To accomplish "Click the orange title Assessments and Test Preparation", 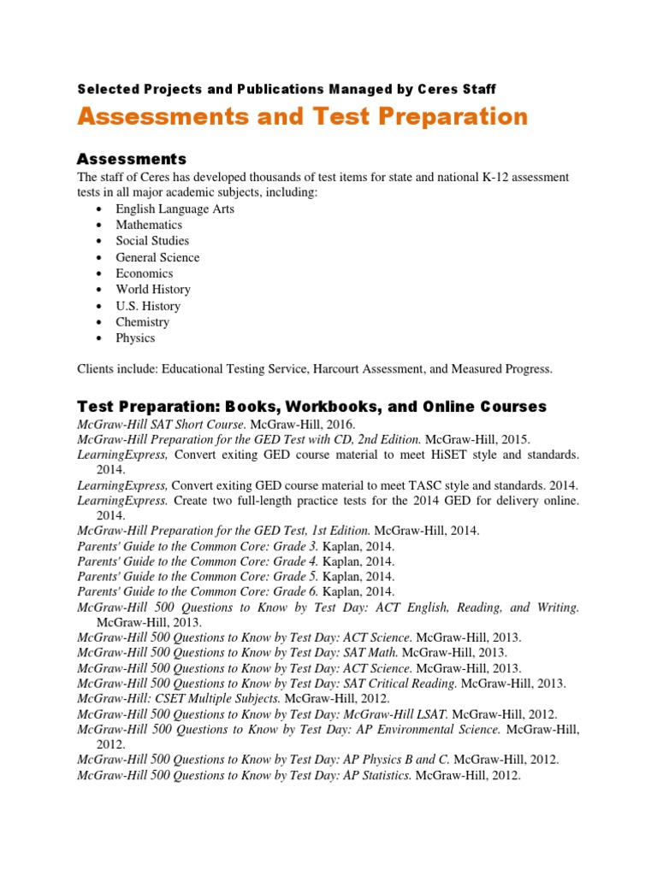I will (302, 117).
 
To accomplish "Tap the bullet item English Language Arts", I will (175, 209).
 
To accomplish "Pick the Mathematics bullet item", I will (149, 225).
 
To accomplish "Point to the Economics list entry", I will (145, 273).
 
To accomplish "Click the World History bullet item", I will (153, 290).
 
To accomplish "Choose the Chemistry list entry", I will (143, 322).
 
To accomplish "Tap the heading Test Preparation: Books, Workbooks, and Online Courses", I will (311, 406).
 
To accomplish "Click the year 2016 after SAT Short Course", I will (338, 424).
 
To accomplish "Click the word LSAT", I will (432, 714).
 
